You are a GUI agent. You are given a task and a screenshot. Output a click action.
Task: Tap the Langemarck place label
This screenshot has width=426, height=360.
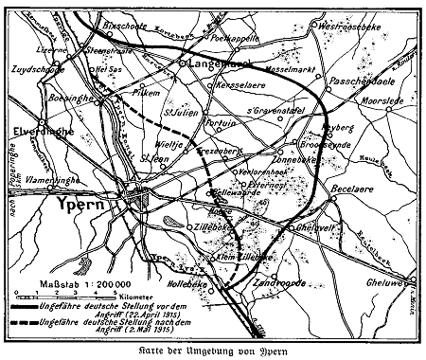(x=214, y=63)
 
